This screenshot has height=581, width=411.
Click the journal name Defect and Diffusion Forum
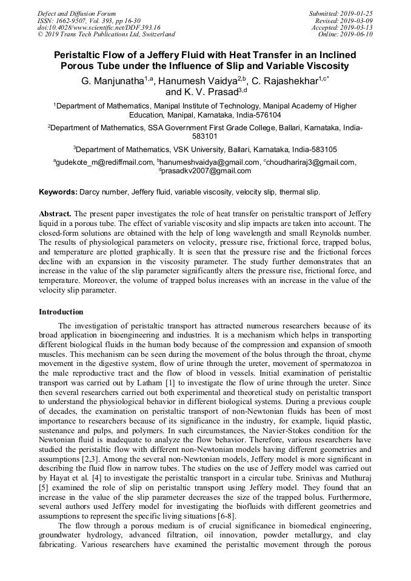click(x=76, y=13)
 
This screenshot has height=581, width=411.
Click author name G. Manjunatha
click(x=114, y=81)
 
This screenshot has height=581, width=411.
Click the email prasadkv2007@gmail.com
click(x=206, y=171)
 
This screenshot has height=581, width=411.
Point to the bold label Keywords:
click(x=58, y=192)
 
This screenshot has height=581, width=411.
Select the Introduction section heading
click(x=61, y=312)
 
